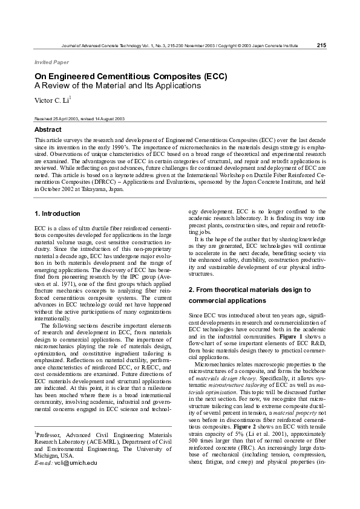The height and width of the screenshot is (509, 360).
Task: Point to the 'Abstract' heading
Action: point(48,130)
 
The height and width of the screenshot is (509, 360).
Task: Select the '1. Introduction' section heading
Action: point(57,213)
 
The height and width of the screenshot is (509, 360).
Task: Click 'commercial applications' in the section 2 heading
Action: point(227,300)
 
